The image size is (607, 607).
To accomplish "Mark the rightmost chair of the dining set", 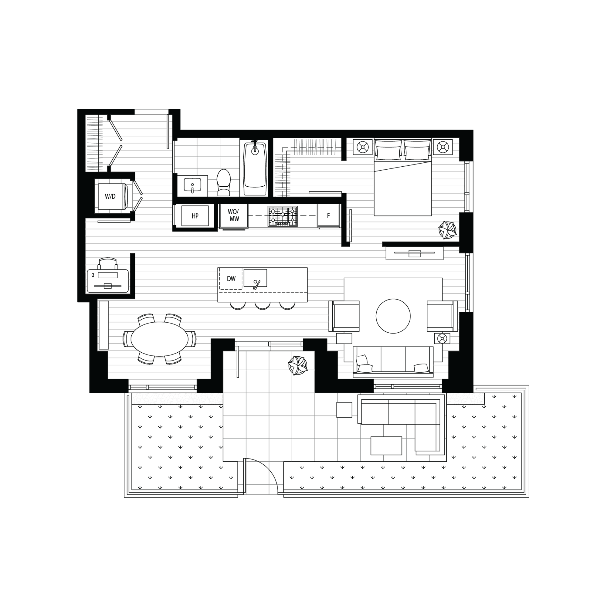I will tap(191, 338).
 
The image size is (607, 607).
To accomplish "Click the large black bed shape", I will tap(394, 327).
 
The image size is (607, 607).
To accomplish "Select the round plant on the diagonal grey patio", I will tap(297, 364).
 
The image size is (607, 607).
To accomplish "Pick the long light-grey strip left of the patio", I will tap(177, 399).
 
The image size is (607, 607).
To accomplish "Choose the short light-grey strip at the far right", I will tap(465, 399).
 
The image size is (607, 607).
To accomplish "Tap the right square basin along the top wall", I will tap(443, 146).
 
